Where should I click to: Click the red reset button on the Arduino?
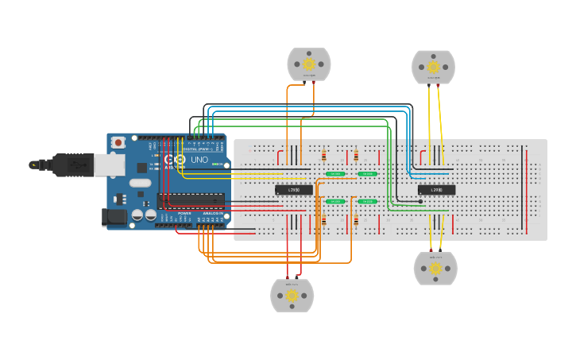118,142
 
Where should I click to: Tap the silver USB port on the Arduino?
109,165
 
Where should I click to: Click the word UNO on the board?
199,160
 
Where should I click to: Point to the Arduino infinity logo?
174,160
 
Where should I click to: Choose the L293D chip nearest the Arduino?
293,190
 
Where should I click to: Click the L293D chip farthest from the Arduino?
436,190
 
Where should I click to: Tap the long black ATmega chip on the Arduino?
191,200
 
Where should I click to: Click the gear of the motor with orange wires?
309,64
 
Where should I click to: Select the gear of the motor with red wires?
292,295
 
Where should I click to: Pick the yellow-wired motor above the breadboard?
433,66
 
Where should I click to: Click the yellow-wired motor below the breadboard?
435,269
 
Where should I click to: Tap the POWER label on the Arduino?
184,213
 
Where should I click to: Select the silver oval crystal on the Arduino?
139,183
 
